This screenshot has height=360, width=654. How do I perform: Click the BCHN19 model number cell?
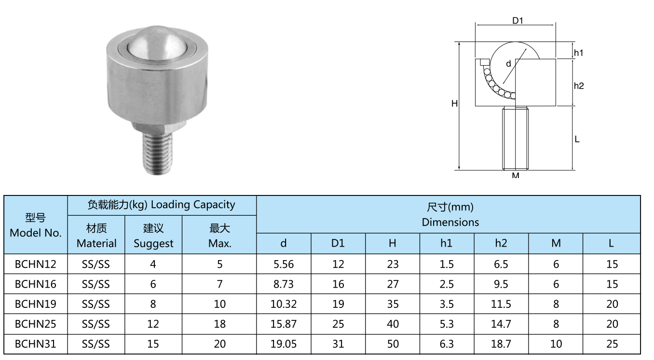pos(35,304)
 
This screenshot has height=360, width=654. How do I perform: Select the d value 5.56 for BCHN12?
pos(284,264)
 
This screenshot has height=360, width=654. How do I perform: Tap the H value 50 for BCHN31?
pos(393,344)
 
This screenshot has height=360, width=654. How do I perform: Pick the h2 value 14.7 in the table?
pos(501,324)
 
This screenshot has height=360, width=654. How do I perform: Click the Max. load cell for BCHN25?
pos(219,324)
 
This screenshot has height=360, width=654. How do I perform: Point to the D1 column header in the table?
pos(338,243)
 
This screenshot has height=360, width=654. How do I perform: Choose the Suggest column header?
pos(153,235)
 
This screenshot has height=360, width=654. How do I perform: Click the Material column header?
pos(96,235)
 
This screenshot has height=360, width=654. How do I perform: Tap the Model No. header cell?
pos(35,225)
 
